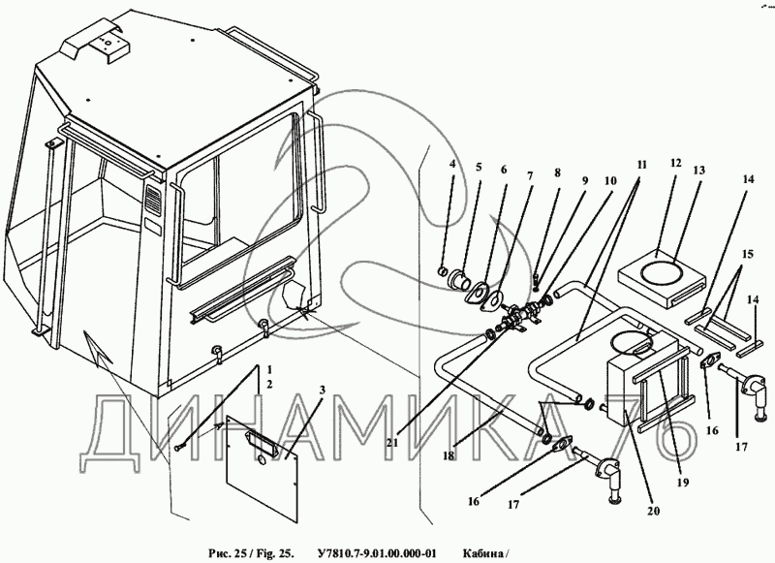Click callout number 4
point(450,165)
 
